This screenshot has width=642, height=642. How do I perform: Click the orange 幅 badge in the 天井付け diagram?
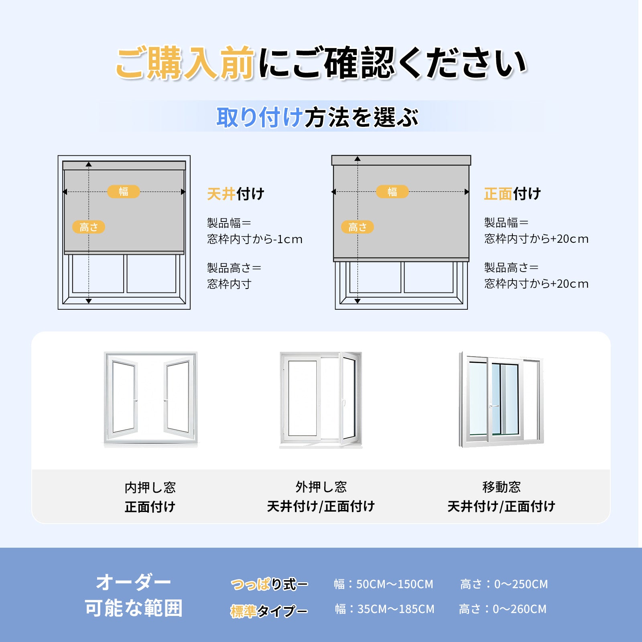coord(124,192)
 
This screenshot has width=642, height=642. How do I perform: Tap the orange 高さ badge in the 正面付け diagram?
coord(358,227)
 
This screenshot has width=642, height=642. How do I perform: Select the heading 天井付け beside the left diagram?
coord(236,194)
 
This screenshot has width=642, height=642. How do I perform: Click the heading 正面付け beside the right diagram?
coord(512,194)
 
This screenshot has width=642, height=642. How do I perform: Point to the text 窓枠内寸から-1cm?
coord(255,239)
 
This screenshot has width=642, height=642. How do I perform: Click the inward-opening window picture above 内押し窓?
coord(150,400)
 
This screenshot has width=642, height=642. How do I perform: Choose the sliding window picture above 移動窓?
coord(501,400)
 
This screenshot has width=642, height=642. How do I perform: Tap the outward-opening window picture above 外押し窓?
coord(321,400)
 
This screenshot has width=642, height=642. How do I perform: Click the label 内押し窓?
coord(150,488)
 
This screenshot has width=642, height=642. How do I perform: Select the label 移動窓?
coord(502,487)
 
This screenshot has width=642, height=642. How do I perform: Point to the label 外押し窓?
coord(321,487)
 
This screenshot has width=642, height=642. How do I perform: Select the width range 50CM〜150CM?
coord(395,584)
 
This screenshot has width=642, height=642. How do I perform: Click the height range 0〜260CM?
coord(520,609)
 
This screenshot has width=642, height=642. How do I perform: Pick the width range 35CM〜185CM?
coord(396,609)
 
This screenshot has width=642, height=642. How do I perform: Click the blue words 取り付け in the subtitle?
coord(260,117)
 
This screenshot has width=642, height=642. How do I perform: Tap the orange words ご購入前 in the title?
coord(185,63)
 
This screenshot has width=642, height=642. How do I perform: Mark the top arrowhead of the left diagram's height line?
coord(89,164)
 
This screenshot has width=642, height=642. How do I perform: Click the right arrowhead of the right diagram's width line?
coord(467,192)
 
